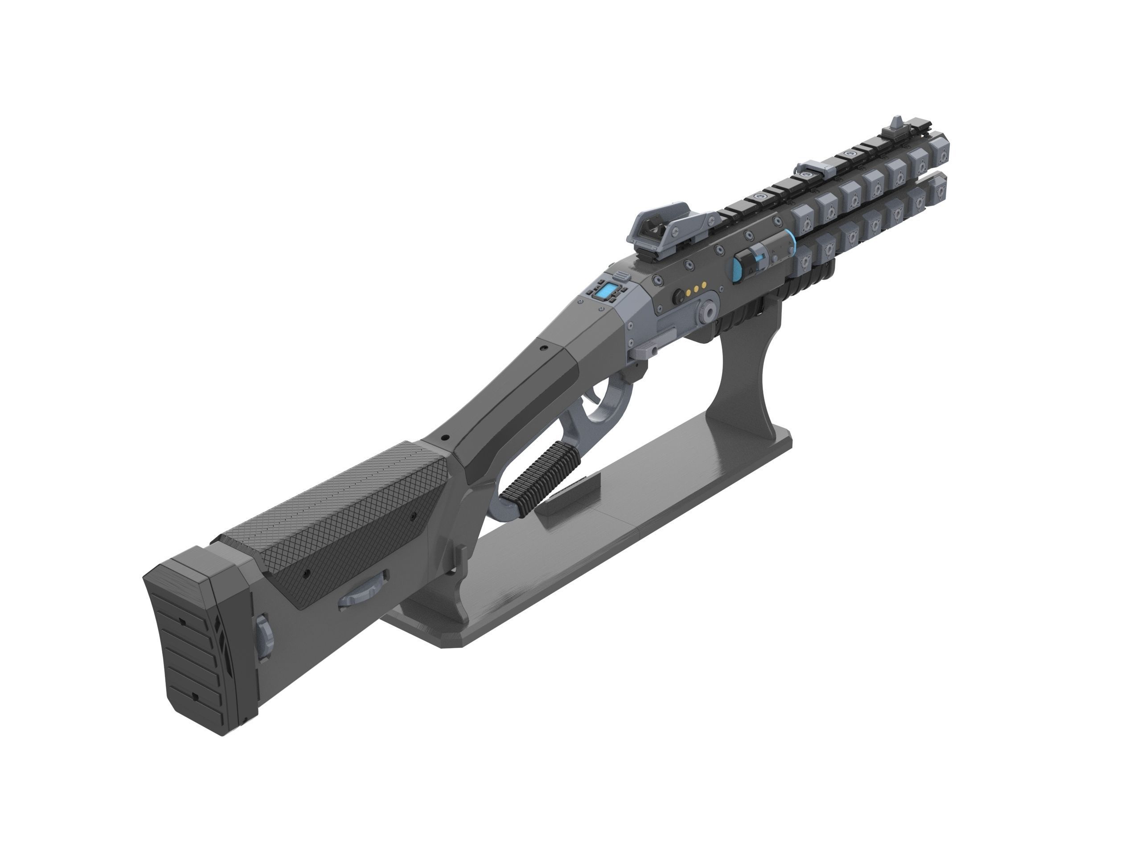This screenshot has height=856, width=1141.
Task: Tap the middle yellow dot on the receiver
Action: [697, 291]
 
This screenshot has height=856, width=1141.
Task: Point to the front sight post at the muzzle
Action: [896, 125]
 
